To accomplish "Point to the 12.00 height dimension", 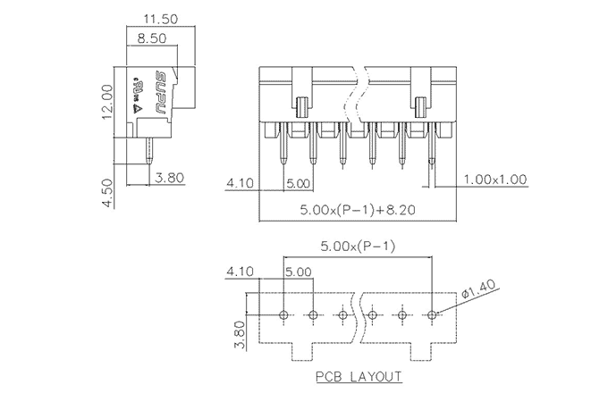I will tap(106, 100).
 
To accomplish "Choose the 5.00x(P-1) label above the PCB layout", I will tap(358, 247).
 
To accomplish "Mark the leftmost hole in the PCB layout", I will tap(283, 315).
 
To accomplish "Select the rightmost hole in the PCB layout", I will tap(432, 315).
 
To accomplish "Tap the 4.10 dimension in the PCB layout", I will tap(241, 270).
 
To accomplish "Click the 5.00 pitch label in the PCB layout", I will tap(299, 270).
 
